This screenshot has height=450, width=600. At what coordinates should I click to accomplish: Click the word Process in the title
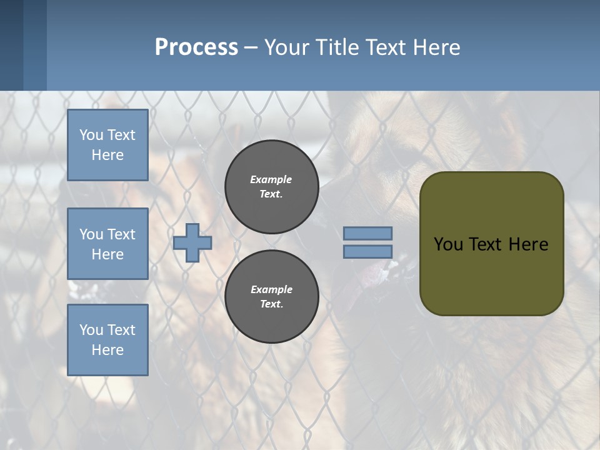tap(196, 47)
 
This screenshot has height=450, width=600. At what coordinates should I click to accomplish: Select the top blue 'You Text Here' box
tap(107, 145)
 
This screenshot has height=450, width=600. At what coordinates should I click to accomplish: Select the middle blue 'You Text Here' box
tap(107, 244)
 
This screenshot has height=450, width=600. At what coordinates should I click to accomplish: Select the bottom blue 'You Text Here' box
tap(107, 340)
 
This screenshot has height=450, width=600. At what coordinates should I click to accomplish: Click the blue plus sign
tap(192, 243)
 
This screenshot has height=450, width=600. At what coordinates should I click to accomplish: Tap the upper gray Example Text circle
tap(272, 187)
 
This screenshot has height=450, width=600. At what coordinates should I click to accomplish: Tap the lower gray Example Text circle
tap(272, 297)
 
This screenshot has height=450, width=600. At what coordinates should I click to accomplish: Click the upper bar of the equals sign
tap(368, 234)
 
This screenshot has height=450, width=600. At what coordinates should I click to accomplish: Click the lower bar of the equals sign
tap(368, 252)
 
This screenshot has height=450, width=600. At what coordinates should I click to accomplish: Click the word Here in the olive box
tap(528, 244)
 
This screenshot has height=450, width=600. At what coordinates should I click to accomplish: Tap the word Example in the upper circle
tap(271, 179)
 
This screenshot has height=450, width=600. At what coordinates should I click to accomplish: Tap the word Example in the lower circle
tap(271, 289)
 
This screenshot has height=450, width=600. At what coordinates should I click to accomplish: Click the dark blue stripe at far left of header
tap(11, 45)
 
